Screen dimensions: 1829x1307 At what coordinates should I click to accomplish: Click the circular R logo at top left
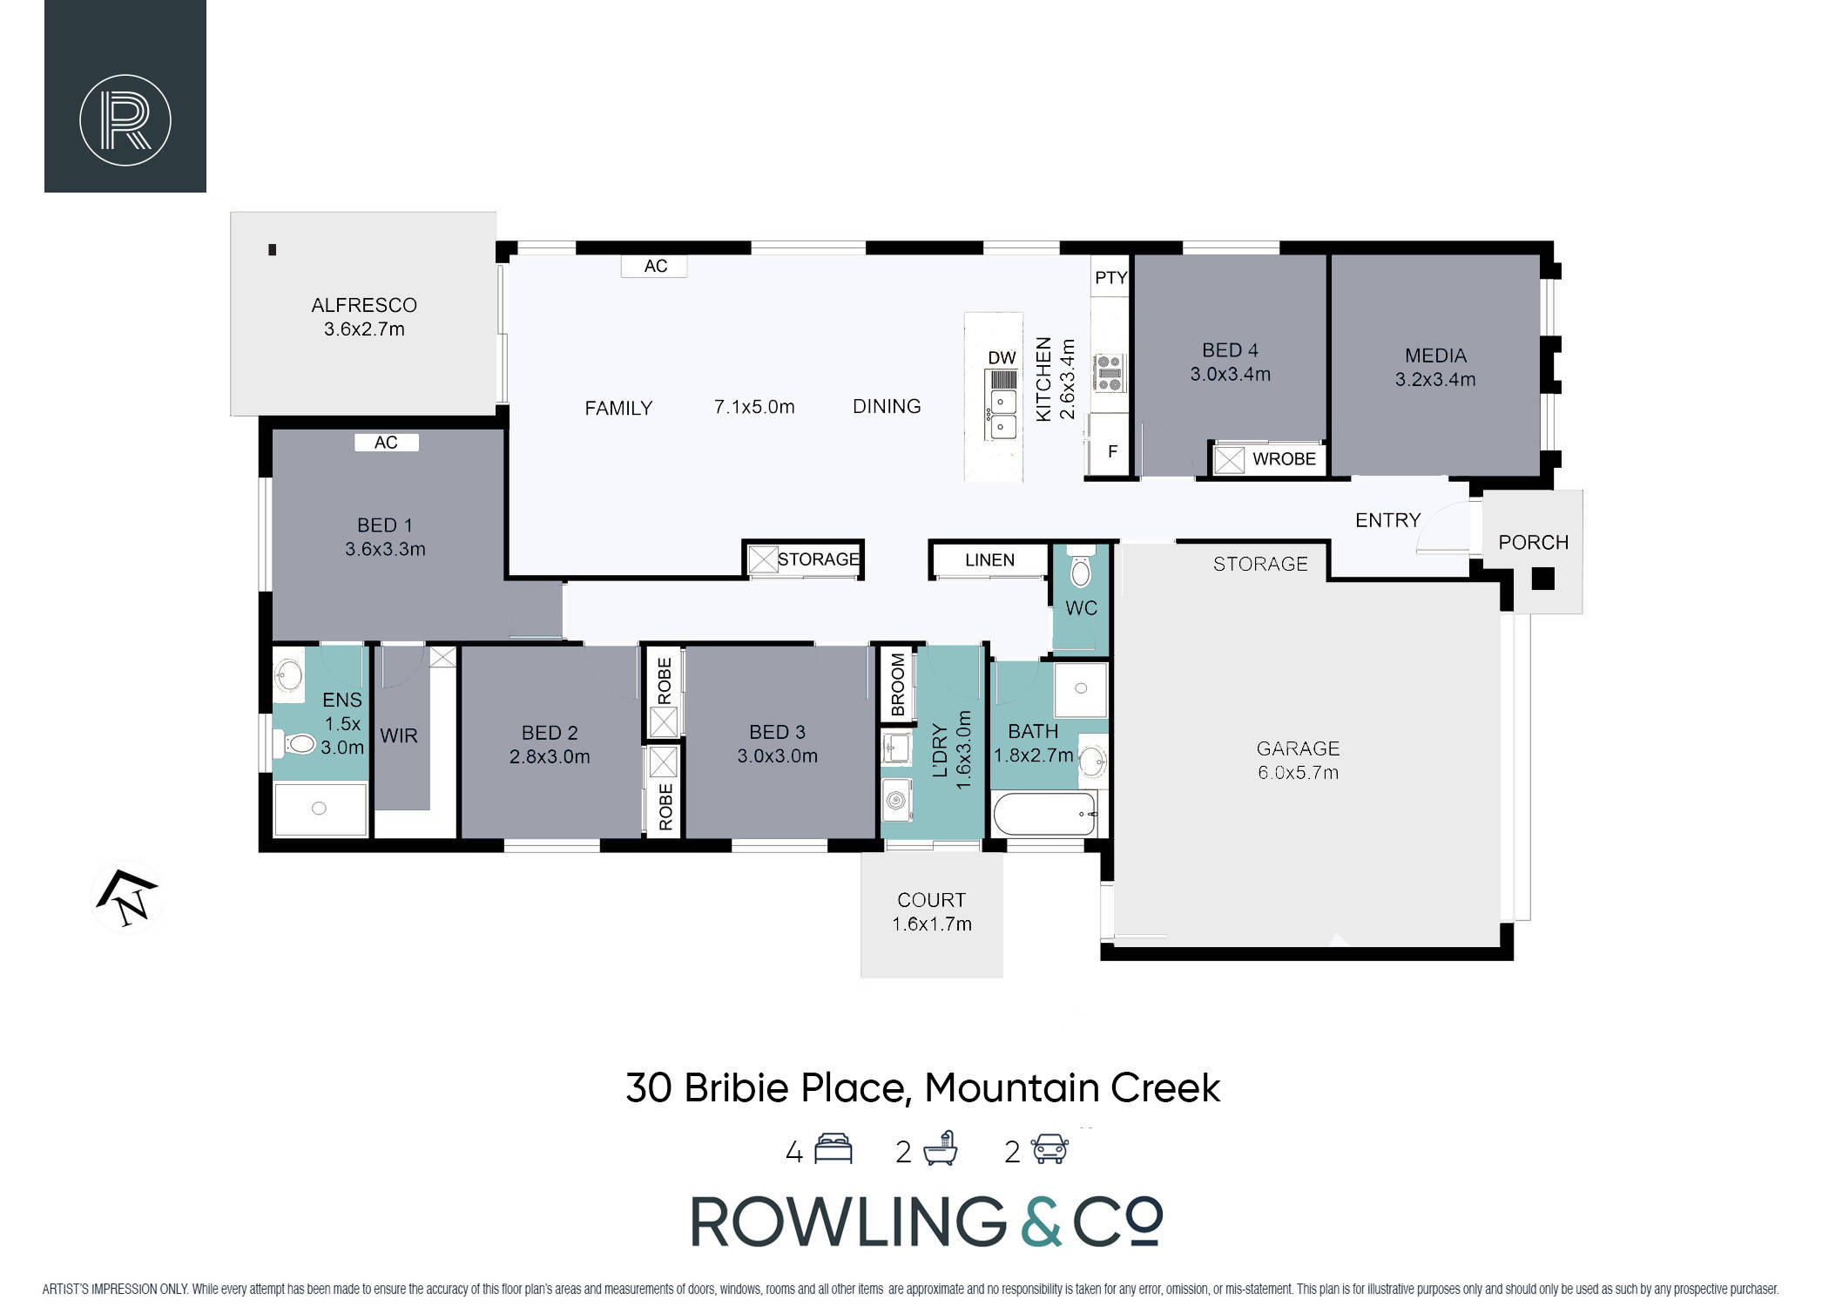pyautogui.click(x=125, y=120)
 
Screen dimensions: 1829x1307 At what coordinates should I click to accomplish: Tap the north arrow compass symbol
pyautogui.click(x=127, y=898)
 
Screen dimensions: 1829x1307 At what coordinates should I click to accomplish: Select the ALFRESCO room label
pyautogui.click(x=364, y=305)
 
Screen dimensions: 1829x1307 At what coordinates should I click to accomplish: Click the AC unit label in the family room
pyautogui.click(x=655, y=266)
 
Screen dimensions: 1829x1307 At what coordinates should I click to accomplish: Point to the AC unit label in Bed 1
pyautogui.click(x=386, y=443)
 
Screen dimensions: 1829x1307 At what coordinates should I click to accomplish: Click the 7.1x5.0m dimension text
pyautogui.click(x=754, y=407)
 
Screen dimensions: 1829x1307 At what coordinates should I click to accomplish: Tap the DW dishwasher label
pyautogui.click(x=1002, y=357)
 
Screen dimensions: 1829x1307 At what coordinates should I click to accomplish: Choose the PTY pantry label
pyautogui.click(x=1111, y=277)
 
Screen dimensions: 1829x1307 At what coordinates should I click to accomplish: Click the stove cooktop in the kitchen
pyautogui.click(x=1110, y=372)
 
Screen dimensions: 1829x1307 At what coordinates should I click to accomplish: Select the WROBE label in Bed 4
pyautogui.click(x=1284, y=458)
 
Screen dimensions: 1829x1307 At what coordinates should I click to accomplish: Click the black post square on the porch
pyautogui.click(x=1542, y=579)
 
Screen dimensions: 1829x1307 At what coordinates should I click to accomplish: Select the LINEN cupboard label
pyautogui.click(x=989, y=559)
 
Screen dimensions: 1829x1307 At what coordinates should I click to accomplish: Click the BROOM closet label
pyautogui.click(x=898, y=685)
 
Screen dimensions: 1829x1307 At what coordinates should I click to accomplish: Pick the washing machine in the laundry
pyautogui.click(x=896, y=800)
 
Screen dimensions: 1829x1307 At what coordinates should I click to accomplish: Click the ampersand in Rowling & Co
pyautogui.click(x=1041, y=1221)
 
